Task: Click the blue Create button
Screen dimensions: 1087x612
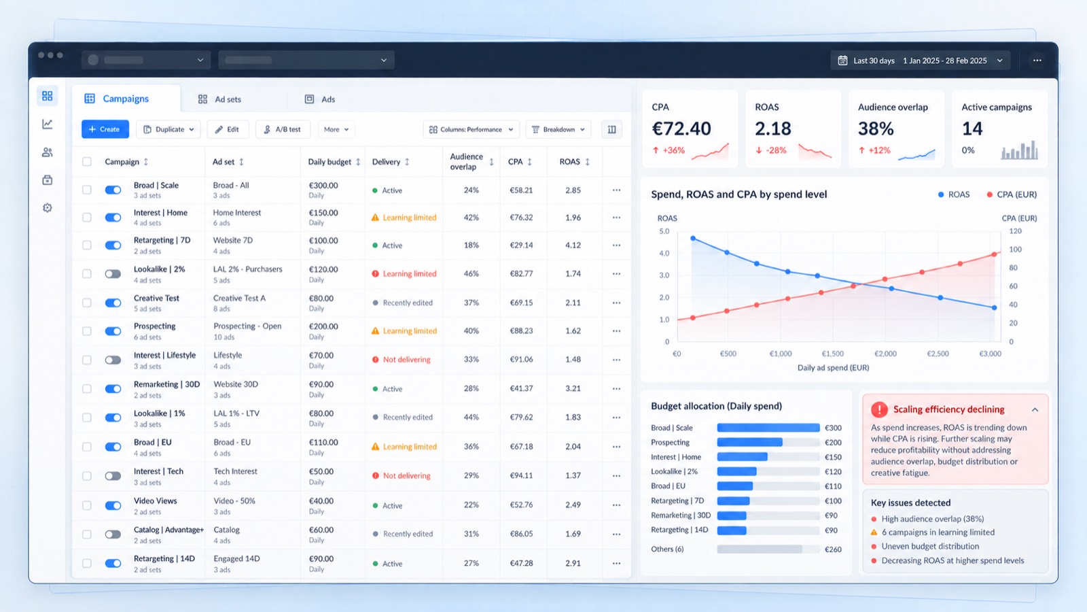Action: coord(105,129)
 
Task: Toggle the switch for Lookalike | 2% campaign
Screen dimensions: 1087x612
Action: coord(113,274)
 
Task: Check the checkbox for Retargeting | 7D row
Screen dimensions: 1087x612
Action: coord(87,245)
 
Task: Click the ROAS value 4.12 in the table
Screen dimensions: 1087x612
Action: coord(573,245)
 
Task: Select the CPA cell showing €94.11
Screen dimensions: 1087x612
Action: coord(521,475)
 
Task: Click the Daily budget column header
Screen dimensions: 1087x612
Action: coord(329,162)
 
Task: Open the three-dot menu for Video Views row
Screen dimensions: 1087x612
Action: coord(616,505)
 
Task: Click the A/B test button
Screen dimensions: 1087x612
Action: coord(283,129)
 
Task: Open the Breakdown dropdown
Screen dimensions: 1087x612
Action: coord(558,129)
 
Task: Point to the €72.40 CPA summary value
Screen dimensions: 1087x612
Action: coord(681,129)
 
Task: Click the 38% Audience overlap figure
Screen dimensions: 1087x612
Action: coord(876,129)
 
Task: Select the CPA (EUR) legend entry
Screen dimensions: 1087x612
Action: coord(1012,194)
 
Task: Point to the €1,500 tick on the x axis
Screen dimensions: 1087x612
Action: coord(833,354)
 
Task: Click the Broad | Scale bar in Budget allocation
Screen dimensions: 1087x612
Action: coord(768,428)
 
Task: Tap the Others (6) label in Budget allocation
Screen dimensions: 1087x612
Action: coord(667,549)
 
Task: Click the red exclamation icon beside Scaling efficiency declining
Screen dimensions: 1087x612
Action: coord(879,409)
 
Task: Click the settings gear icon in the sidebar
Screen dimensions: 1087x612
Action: coord(47,208)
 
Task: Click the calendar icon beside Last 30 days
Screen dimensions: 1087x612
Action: coord(843,61)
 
